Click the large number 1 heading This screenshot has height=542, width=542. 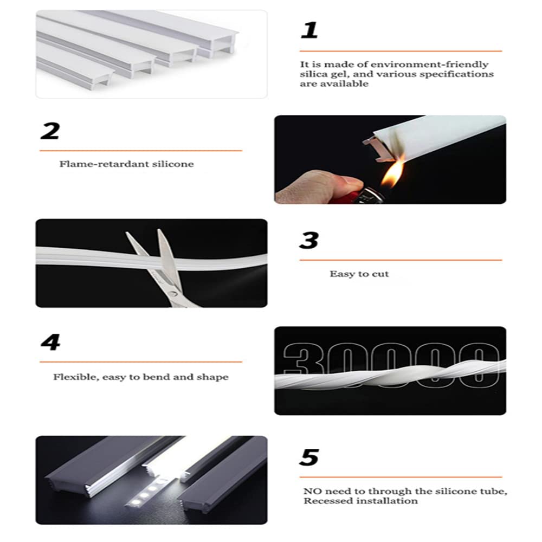[x=309, y=30]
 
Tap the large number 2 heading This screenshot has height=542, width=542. [x=50, y=131]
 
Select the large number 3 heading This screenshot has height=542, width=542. [x=309, y=240]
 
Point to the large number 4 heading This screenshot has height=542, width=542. [x=50, y=343]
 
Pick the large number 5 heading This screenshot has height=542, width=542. [x=309, y=457]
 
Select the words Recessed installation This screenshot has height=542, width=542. [x=360, y=501]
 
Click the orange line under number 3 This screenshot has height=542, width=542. [x=401, y=261]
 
